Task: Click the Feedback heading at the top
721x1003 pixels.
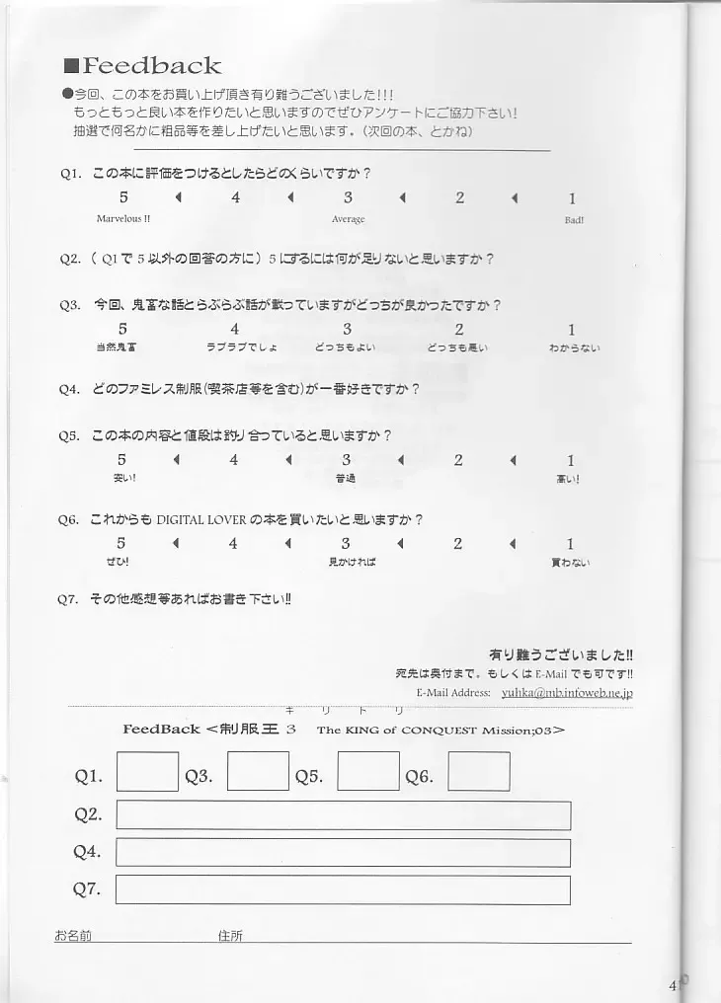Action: (151, 66)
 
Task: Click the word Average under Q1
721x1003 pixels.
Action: (348, 219)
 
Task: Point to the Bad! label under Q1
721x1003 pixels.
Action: (574, 220)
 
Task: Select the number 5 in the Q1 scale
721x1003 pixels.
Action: (123, 198)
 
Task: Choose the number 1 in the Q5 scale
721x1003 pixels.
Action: (571, 460)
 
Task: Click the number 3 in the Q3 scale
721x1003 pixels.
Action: (347, 330)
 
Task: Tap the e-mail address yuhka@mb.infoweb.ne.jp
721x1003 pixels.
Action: (581, 692)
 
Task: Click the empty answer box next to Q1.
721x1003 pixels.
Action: (147, 772)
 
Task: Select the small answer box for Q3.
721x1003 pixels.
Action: (258, 772)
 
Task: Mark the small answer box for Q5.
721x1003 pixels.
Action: (368, 772)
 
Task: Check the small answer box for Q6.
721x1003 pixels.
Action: (479, 772)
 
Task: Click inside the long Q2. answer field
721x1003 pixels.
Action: (343, 815)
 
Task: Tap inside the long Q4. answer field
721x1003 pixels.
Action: (343, 853)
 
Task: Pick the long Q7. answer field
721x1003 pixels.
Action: (343, 889)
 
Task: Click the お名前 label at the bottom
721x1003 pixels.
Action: (73, 935)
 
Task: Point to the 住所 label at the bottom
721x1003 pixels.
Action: (230, 935)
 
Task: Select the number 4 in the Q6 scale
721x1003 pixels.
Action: (234, 544)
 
